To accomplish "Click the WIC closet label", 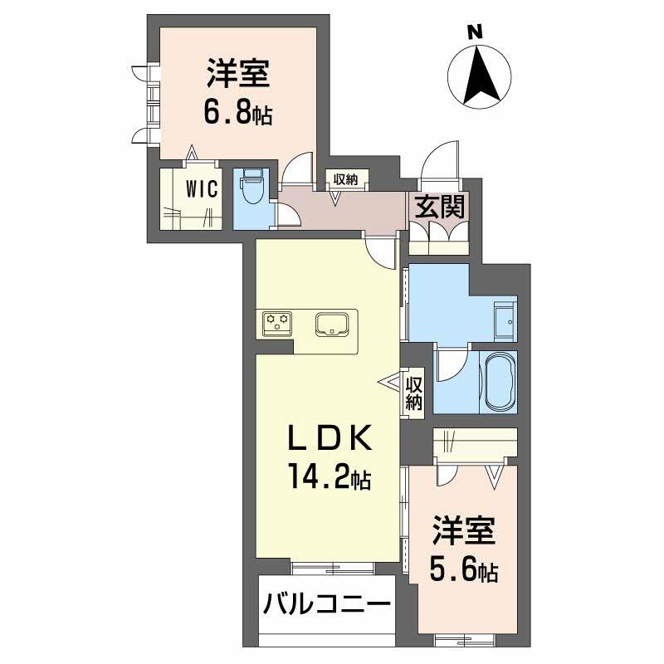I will coord(202,189).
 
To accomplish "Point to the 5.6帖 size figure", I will coord(464,570).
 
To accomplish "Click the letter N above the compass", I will coord(474,32).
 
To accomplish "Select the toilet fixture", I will coord(253,189).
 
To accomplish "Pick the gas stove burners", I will coord(276,323).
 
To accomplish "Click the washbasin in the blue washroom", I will coord(505,320).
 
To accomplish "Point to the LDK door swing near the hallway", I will coord(378,251).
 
